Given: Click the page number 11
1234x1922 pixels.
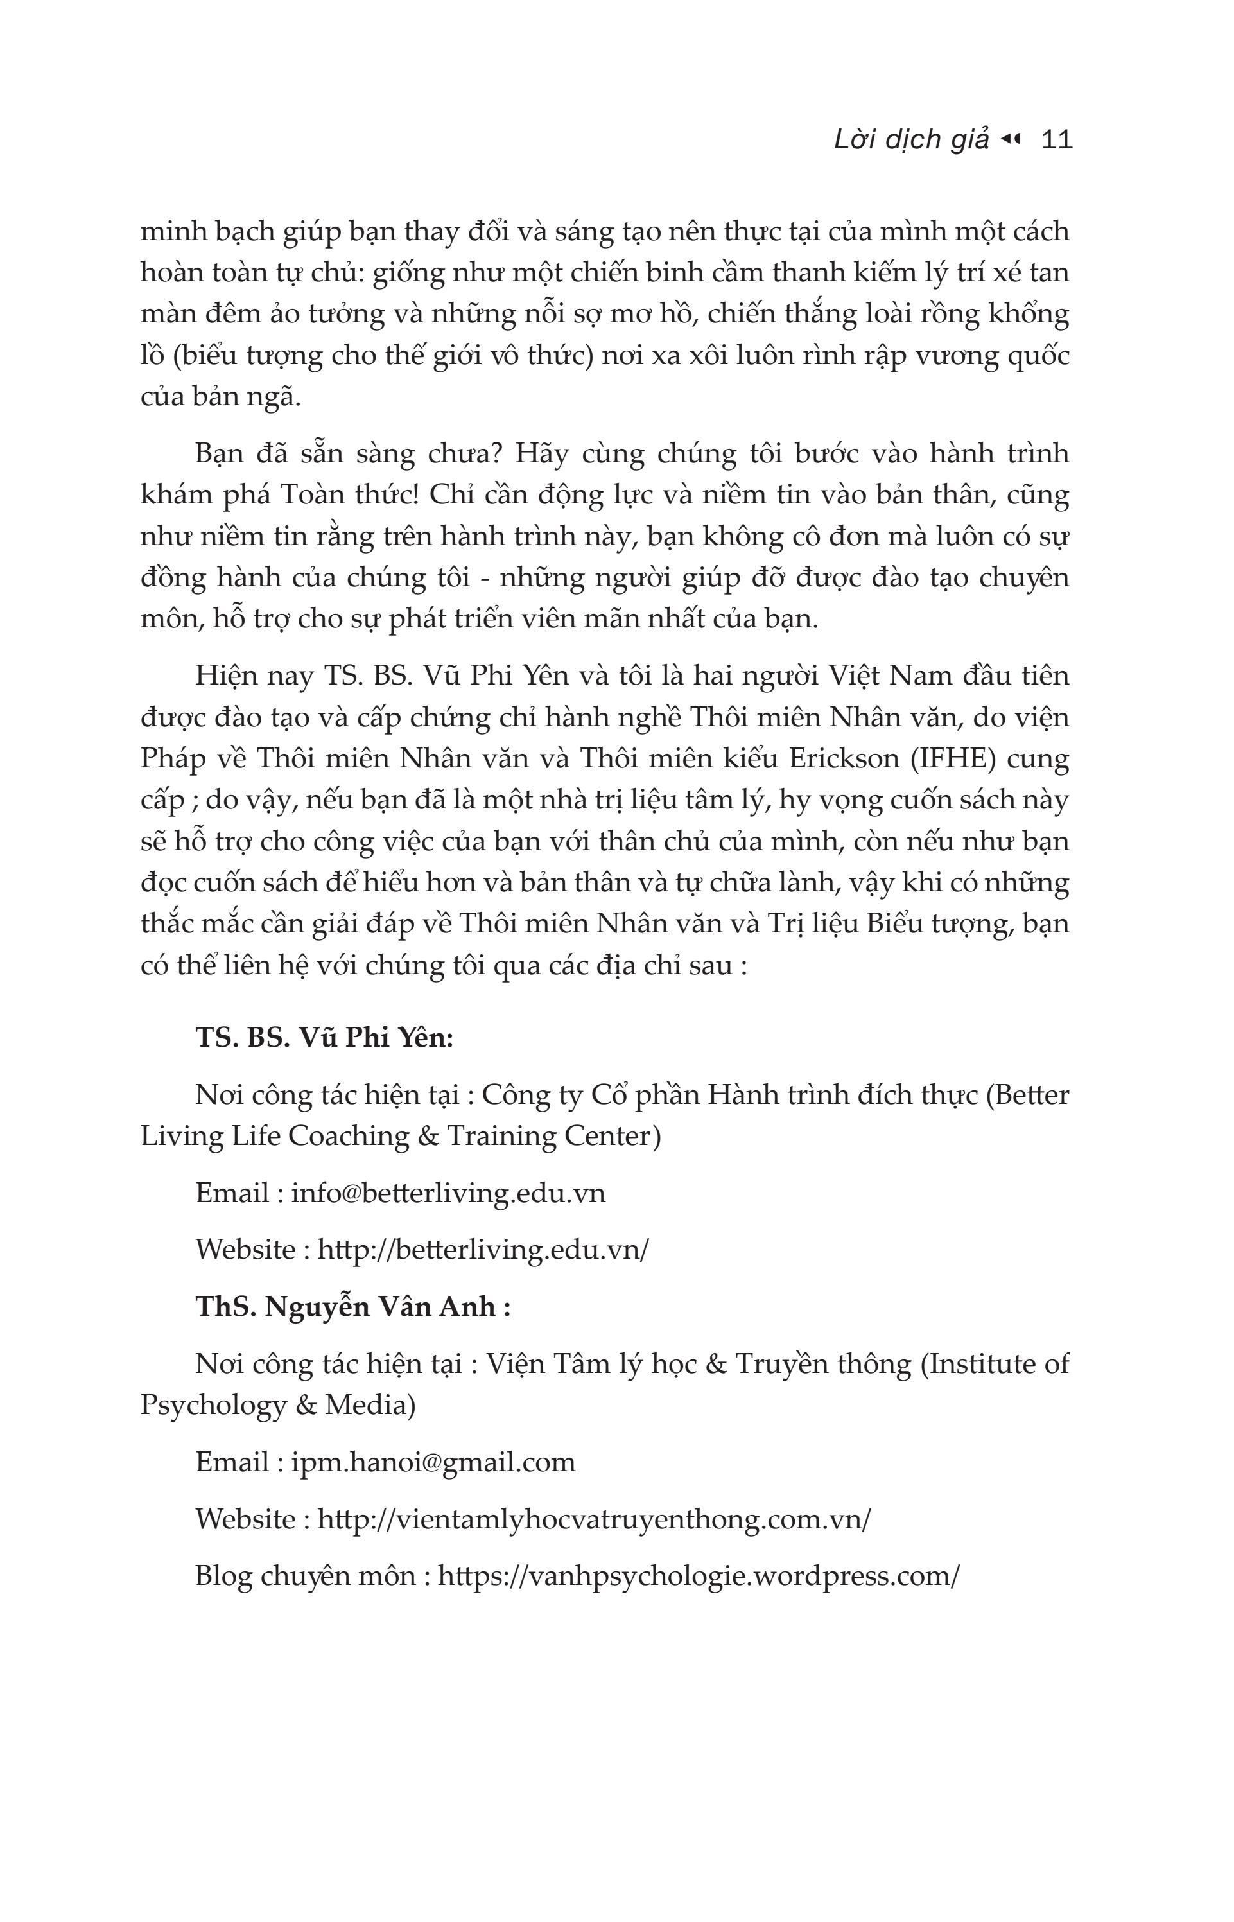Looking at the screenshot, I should click(x=1056, y=140).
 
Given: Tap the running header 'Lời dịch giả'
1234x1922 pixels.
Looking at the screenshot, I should click(x=911, y=140).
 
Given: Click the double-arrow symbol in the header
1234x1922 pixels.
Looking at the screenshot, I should click(x=1011, y=140).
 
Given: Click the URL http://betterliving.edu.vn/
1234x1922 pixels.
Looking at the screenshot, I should click(x=482, y=1250).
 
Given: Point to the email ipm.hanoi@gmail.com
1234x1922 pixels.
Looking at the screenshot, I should click(x=433, y=1462).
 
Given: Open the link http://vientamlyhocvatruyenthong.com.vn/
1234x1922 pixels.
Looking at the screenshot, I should click(x=594, y=1519).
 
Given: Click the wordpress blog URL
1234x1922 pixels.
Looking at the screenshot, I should click(x=698, y=1576).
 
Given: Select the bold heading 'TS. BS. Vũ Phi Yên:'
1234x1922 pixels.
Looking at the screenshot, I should click(x=324, y=1038).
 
